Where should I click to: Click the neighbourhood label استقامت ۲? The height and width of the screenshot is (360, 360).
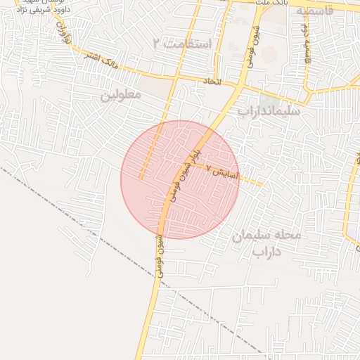181,44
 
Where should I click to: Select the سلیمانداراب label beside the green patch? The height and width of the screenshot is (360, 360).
269,111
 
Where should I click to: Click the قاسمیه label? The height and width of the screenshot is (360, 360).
319,12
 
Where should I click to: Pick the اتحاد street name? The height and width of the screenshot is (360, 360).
212,82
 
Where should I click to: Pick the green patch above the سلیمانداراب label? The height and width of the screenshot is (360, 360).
268,98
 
